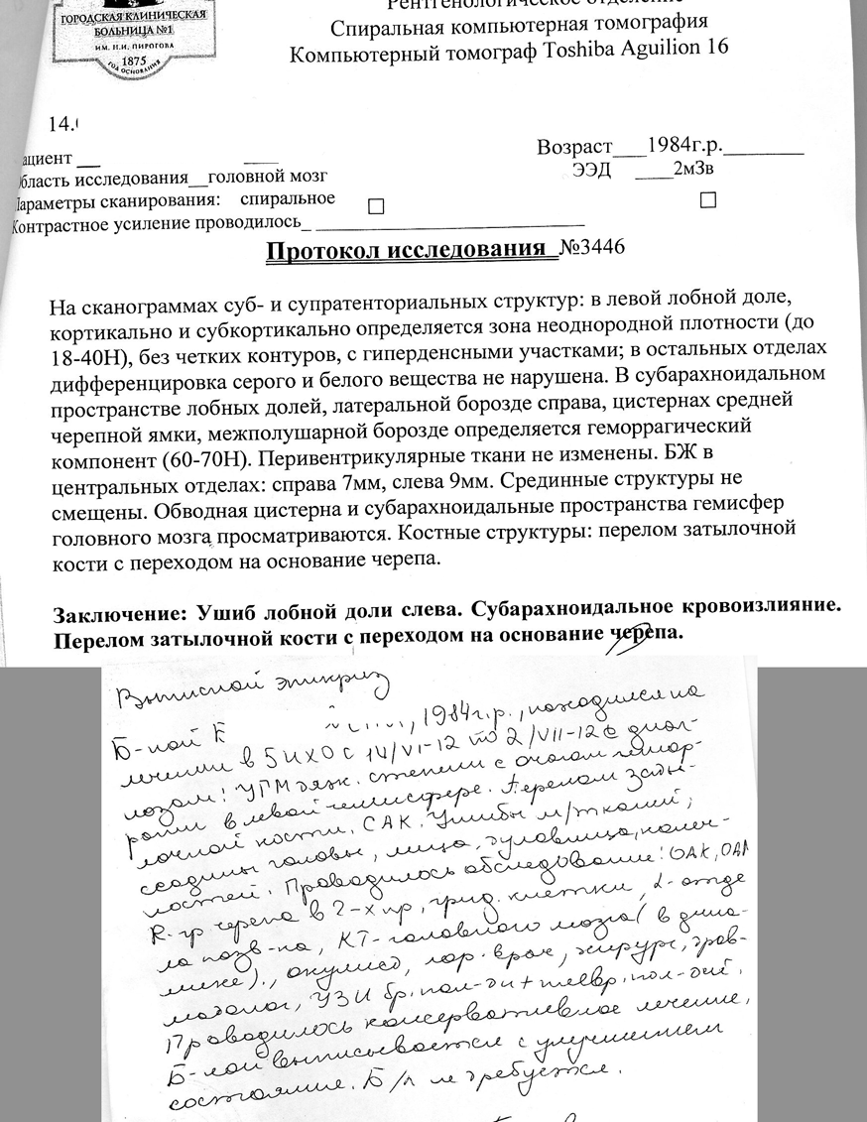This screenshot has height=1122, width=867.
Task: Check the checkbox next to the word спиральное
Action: [375, 206]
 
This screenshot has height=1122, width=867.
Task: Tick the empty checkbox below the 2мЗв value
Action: [707, 200]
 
